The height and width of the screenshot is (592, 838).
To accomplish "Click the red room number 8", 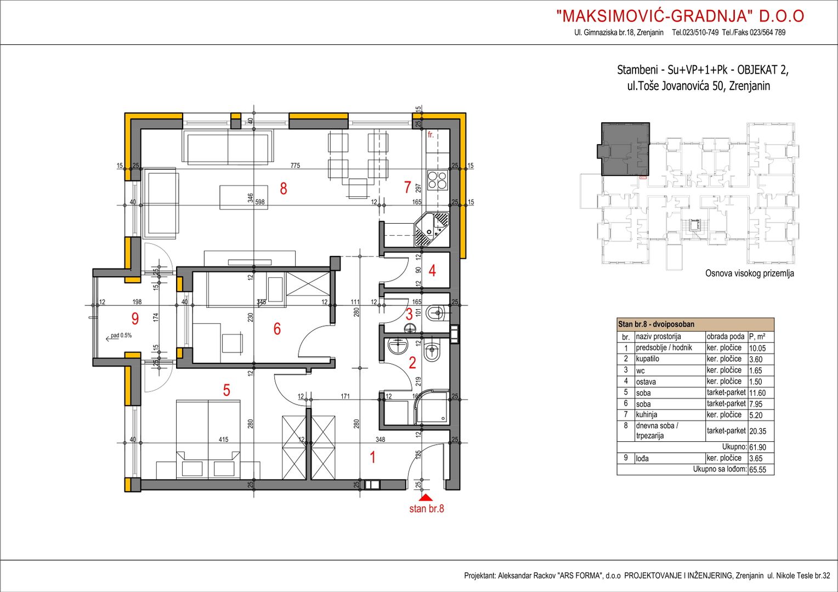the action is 284,189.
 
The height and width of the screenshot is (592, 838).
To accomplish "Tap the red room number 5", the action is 227,390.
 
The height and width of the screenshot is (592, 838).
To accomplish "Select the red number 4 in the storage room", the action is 432,270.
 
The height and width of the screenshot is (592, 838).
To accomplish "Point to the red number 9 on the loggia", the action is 135,318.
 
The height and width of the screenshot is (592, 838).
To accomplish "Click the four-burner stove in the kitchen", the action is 437,180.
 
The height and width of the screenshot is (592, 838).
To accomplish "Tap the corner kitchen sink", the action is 432,229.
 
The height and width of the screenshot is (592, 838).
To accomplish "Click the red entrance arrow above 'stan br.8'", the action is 426,498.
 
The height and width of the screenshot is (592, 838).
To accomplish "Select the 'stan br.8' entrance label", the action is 427,509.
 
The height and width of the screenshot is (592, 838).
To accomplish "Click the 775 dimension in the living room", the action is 295,166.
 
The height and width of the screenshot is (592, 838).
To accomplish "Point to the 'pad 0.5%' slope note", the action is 121,335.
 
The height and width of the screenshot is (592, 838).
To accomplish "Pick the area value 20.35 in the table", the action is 757,431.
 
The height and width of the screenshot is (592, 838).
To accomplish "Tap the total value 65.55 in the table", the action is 757,470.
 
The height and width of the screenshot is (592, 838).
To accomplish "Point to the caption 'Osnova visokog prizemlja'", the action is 750,274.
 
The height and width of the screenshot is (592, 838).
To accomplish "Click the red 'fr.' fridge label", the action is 431,135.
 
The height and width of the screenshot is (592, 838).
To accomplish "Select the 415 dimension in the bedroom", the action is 223,440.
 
